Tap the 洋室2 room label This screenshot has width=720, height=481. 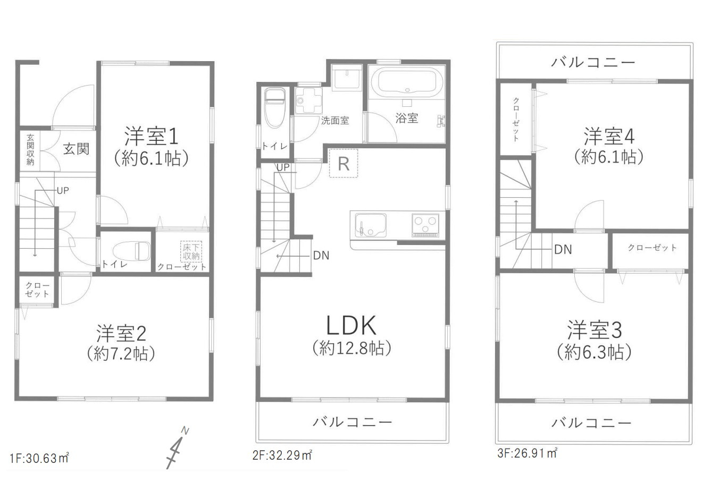click(x=121, y=333)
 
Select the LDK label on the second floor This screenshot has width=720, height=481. click(x=351, y=325)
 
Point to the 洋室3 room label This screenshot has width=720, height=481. click(x=594, y=331)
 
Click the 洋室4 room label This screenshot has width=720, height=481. click(x=609, y=137)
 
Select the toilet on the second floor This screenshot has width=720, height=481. click(x=274, y=108)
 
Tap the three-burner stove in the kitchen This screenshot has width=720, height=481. click(x=426, y=224)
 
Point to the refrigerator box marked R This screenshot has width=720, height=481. click(x=344, y=163)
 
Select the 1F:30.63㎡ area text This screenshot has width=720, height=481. click(x=39, y=458)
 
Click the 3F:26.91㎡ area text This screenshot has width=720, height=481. click(x=527, y=453)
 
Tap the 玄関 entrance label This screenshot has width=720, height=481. click(x=76, y=148)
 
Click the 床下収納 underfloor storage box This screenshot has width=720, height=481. click(x=191, y=251)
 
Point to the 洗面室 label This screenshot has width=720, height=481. click(x=334, y=121)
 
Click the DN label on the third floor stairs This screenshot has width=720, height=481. click(x=563, y=249)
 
